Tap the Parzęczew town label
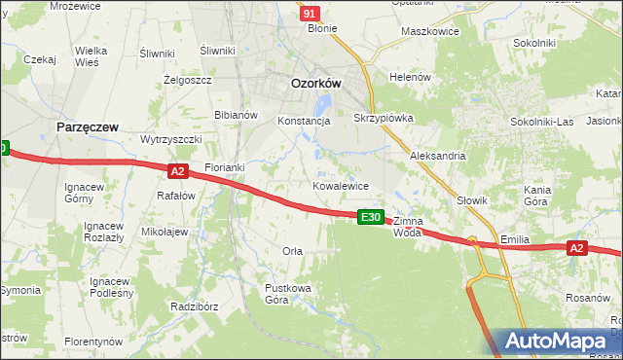(x=88, y=127)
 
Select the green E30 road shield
(x=370, y=217)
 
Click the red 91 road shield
(x=309, y=14)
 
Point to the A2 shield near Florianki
(x=176, y=171)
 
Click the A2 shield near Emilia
(x=576, y=248)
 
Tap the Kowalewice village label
(x=340, y=185)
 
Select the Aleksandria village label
(x=438, y=156)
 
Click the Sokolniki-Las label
(x=541, y=122)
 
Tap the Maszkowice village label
(x=429, y=31)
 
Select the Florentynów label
(x=92, y=342)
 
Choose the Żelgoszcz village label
(x=188, y=80)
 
